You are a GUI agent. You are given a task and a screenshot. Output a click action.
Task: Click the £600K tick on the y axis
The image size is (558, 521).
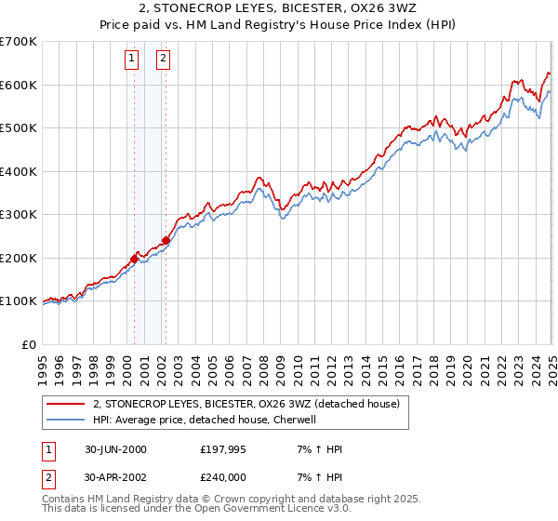pos(19,85)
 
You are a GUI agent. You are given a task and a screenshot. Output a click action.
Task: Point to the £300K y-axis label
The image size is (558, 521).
pos(19,214)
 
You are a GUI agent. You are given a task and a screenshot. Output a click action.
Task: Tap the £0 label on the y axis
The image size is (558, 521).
pos(30,344)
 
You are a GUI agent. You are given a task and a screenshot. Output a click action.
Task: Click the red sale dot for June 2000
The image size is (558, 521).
pos(134,260)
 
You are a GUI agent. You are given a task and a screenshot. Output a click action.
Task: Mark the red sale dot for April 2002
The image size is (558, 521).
pos(166,240)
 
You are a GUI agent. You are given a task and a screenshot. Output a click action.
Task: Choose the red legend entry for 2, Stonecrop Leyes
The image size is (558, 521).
pos(246,404)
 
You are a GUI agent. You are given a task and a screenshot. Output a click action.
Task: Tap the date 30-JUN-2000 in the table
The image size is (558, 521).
pos(113,449)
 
